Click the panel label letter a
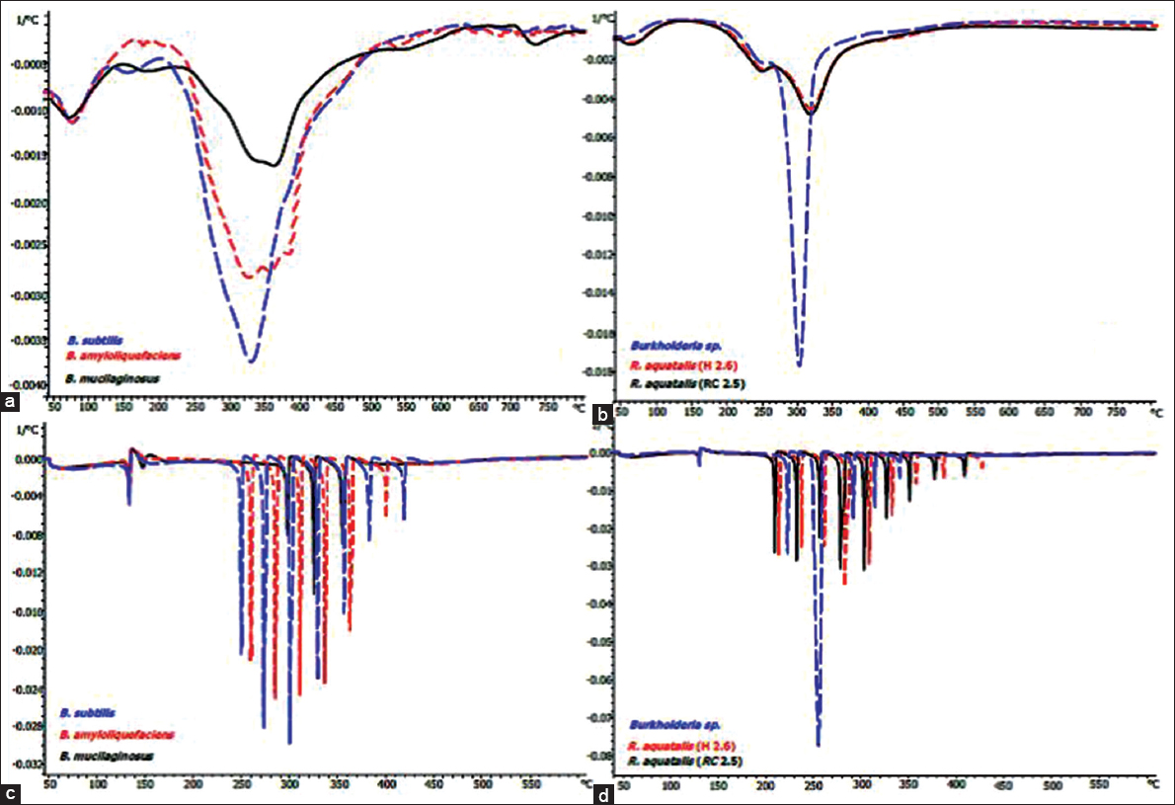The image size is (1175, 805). (10, 402)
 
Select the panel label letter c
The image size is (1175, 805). (10, 791)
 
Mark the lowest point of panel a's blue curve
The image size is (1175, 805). (252, 362)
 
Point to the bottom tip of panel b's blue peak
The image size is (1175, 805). (798, 366)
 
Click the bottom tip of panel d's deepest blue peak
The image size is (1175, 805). (818, 746)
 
